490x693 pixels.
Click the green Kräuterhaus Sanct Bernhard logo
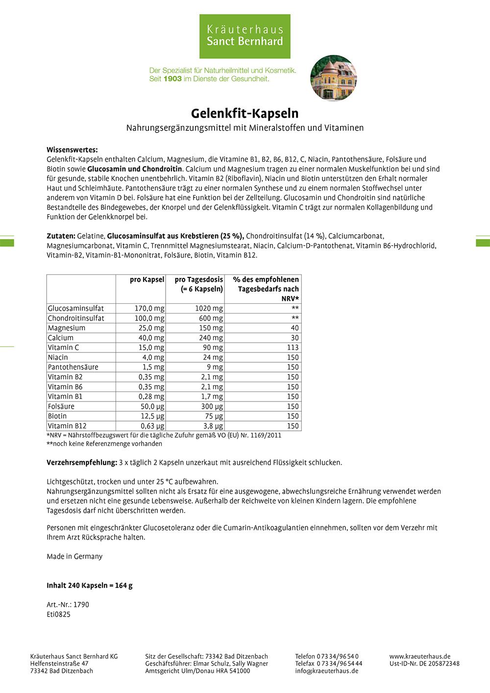tap(245, 36)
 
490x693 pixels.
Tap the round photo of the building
tap(334, 78)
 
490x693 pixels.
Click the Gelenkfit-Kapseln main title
tap(245, 113)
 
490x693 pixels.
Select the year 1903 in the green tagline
tap(172, 78)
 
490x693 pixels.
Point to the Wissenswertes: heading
tap(72, 149)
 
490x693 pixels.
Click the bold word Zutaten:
tap(61, 236)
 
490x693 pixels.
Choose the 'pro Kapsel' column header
tap(147, 279)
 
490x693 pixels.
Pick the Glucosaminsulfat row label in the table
tap(76, 308)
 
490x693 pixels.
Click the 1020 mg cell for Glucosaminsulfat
tap(209, 308)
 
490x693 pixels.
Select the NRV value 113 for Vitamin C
tap(293, 347)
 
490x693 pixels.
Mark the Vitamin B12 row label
tap(67, 426)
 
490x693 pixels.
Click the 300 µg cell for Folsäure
tap(212, 406)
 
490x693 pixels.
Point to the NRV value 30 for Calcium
tap(294, 338)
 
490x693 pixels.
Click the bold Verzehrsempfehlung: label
tap(82, 462)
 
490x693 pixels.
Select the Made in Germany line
tap(74, 556)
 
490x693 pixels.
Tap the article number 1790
tap(81, 604)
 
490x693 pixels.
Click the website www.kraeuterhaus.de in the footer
tap(420, 656)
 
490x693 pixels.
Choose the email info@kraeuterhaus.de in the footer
tap(326, 671)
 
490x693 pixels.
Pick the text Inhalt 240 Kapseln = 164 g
tap(90, 585)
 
